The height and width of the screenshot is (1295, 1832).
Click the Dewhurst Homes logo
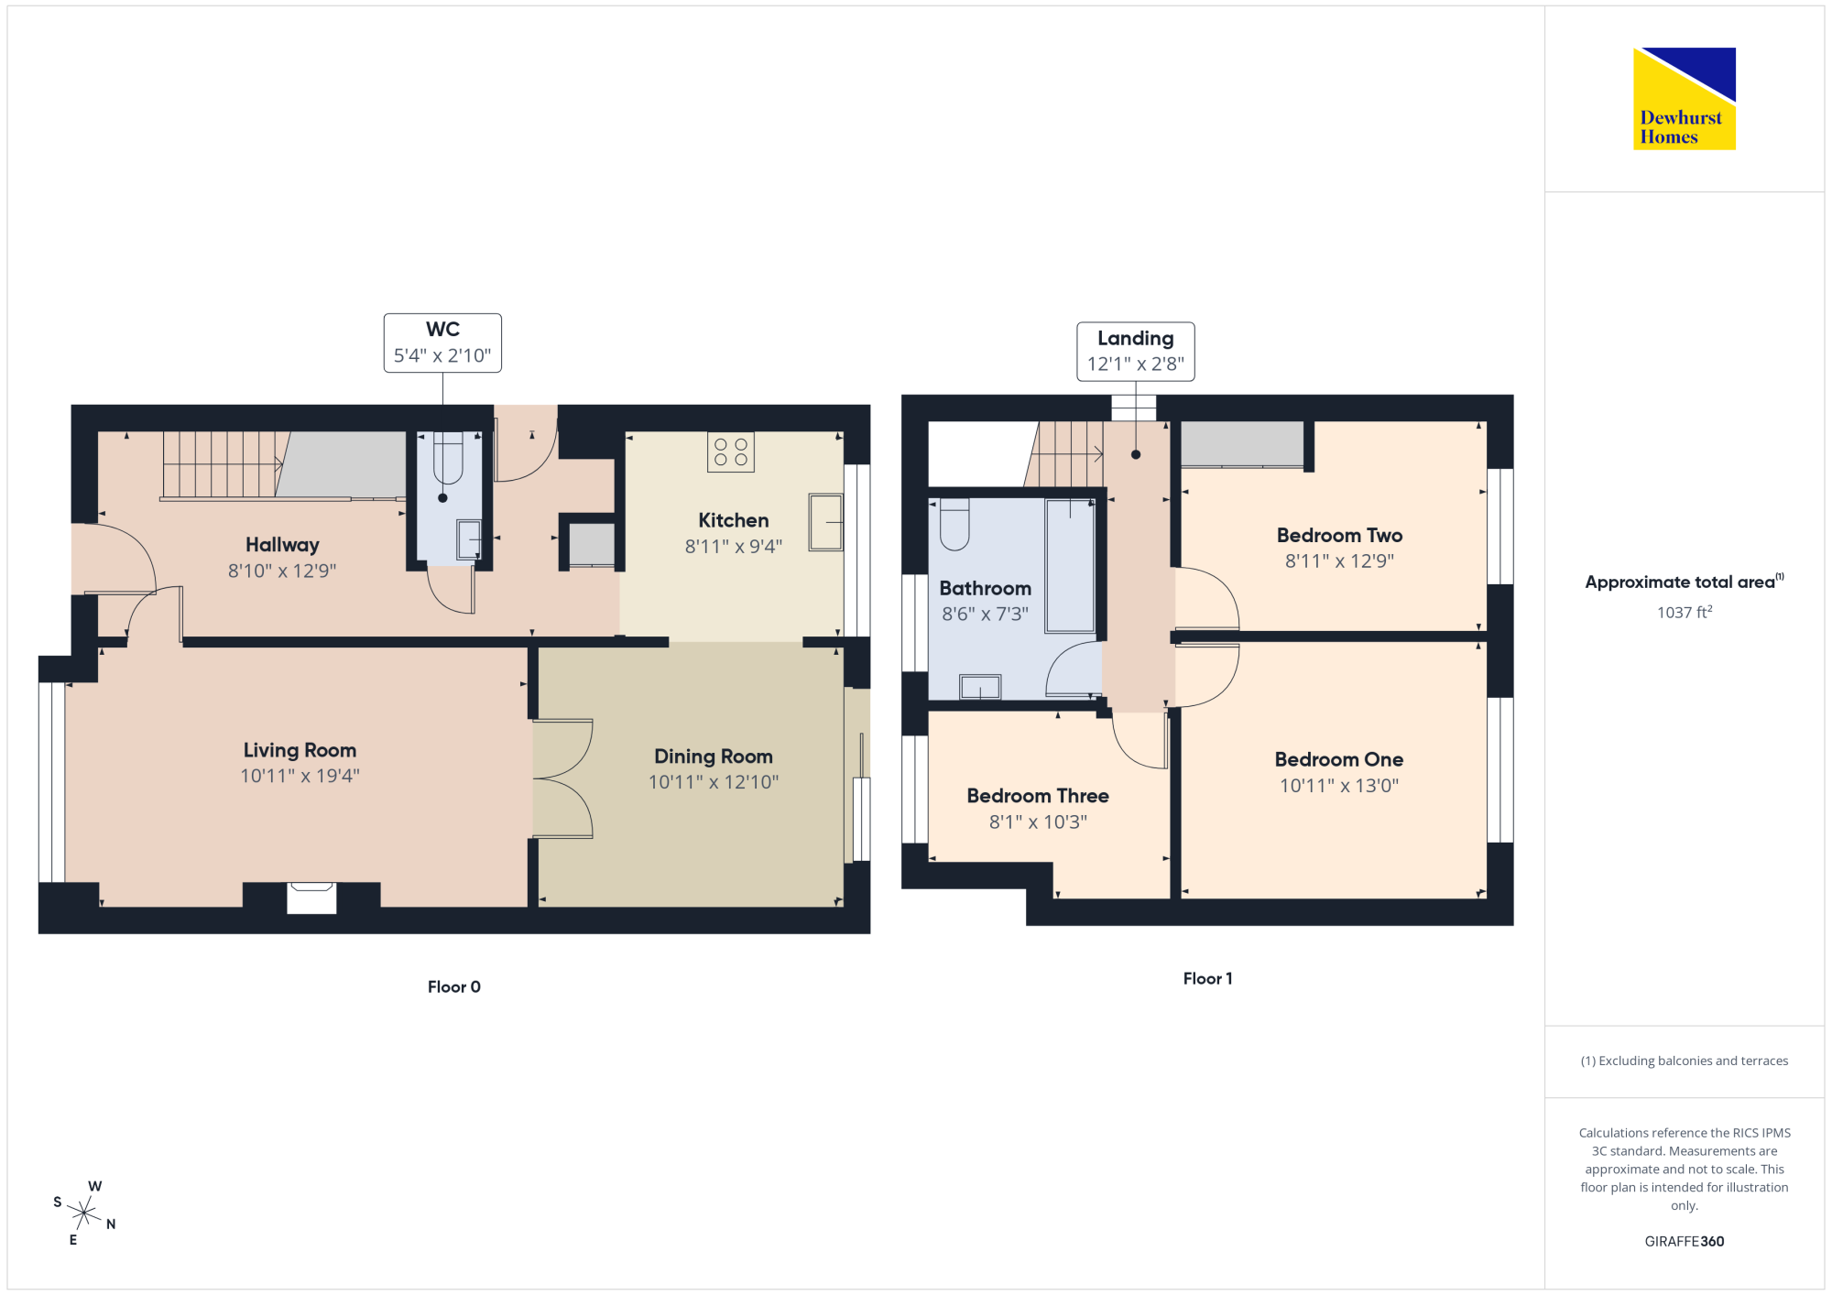point(1685,98)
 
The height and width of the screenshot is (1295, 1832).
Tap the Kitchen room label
point(734,520)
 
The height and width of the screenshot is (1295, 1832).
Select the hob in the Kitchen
point(731,452)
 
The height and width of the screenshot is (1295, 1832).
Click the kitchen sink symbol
point(825,522)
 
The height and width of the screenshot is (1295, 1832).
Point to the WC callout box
point(442,343)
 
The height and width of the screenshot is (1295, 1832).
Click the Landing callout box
point(1136,351)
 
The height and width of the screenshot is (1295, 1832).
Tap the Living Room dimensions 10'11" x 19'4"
point(300,776)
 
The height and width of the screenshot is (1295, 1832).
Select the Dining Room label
point(714,756)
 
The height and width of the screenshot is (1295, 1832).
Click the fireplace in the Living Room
point(311,898)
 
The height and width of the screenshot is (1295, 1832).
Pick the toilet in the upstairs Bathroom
point(954,524)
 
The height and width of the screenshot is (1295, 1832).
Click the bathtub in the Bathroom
point(1071,565)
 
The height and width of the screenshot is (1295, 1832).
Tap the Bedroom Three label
point(1038,796)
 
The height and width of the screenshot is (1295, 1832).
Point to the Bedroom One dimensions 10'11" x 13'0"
point(1339,785)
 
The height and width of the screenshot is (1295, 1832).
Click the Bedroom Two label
point(1340,535)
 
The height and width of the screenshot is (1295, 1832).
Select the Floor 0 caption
point(454,986)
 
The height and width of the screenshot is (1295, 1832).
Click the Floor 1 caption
point(1208,978)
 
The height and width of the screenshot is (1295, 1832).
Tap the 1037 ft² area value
point(1685,612)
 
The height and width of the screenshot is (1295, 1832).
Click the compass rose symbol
point(84,1213)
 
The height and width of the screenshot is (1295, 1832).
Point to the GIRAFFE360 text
point(1685,1241)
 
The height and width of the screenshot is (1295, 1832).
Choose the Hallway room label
point(282,545)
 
